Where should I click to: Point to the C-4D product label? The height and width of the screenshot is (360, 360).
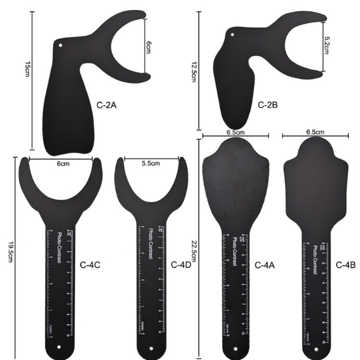click(181, 264)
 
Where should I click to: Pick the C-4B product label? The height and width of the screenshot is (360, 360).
click(346, 264)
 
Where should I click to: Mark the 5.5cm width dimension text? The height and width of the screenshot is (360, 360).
click(151, 163)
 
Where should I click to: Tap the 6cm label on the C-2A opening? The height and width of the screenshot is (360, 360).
click(149, 47)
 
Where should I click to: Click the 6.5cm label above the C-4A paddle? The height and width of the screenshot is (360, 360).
click(235, 132)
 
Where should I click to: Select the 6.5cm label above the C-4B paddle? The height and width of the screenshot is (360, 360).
click(315, 132)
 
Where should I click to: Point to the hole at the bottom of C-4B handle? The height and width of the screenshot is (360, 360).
click(316, 347)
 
